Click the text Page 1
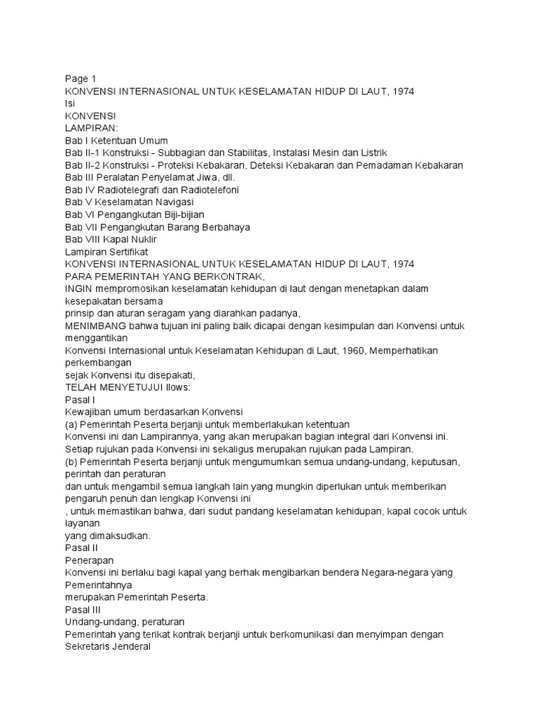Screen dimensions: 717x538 tap(80, 78)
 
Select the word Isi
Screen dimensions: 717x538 tap(69, 103)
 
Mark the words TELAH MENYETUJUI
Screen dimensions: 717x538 tap(114, 387)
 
